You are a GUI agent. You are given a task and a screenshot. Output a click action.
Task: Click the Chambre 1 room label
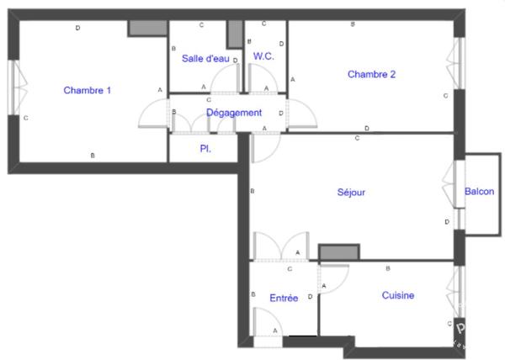pyautogui.click(x=87, y=90)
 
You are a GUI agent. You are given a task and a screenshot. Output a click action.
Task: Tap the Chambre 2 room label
pyautogui.click(x=371, y=74)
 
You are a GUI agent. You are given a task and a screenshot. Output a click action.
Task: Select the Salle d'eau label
pyautogui.click(x=205, y=59)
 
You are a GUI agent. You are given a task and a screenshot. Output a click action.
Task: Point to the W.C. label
pyautogui.click(x=263, y=56)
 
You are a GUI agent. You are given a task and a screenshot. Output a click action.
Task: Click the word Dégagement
pyautogui.click(x=234, y=113)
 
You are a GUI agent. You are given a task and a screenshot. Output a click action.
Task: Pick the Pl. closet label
pyautogui.click(x=205, y=149)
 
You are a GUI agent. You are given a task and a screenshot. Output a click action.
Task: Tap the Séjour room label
pyautogui.click(x=351, y=193)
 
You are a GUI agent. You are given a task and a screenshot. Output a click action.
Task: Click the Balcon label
pyautogui.click(x=479, y=192)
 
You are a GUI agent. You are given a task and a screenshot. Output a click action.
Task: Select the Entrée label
pyautogui.click(x=284, y=299)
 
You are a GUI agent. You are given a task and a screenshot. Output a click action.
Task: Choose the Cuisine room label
pyautogui.click(x=398, y=295)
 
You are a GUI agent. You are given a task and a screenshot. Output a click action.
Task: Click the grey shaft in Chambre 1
pyautogui.click(x=148, y=29)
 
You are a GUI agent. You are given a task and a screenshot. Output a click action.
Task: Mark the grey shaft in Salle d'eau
pyautogui.click(x=235, y=34)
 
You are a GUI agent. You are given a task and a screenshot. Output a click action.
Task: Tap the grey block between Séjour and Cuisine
pyautogui.click(x=339, y=251)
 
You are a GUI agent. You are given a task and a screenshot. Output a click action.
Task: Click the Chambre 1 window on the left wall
pyautogui.click(x=14, y=87)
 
